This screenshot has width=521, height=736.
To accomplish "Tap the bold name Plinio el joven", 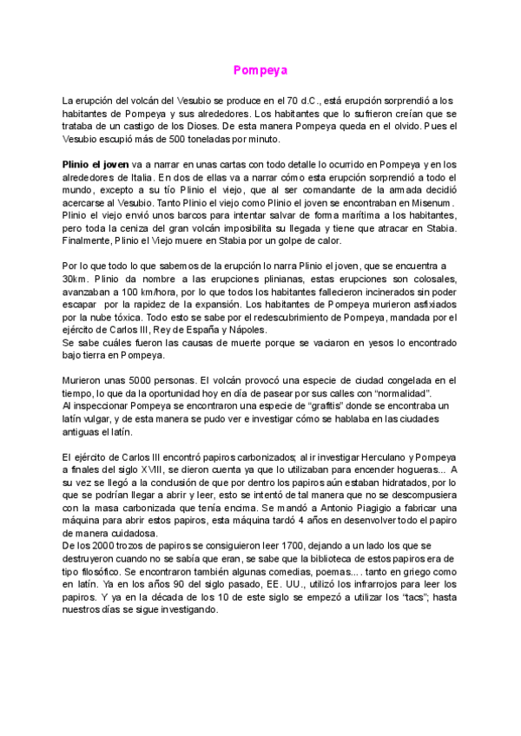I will click(95, 164).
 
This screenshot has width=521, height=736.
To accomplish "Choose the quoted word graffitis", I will click(271, 405).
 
